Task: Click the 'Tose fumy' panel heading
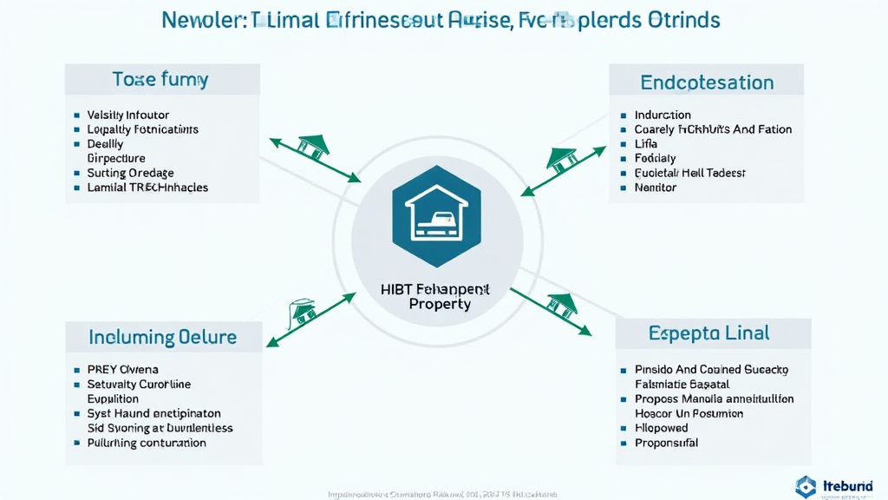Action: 160,81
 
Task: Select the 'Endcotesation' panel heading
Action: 707,82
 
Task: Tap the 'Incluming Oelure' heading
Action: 162,336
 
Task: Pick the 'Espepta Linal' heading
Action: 708,333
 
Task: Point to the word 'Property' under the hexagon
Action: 440,305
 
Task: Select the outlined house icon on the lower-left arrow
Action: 303,311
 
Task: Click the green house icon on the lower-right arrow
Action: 561,305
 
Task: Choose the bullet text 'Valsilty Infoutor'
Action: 128,115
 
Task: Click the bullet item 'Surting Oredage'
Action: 130,173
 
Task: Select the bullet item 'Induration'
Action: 663,115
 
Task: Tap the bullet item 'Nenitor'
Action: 655,187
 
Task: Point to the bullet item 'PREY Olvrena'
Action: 122,370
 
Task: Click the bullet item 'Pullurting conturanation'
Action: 147,443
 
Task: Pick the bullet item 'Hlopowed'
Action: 661,428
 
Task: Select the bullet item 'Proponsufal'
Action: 666,443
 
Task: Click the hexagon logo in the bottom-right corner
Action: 806,487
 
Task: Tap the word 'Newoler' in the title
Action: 201,19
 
